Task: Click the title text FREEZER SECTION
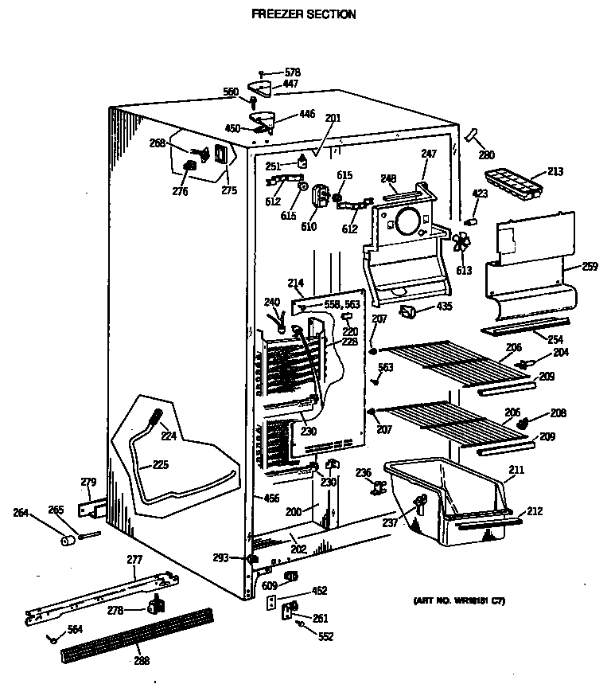303,14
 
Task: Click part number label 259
590,266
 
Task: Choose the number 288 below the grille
141,660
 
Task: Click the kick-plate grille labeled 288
138,633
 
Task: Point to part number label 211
516,471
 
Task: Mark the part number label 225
161,464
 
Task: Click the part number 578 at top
293,72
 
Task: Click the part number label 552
325,636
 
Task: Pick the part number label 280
485,154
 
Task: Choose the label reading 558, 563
343,303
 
